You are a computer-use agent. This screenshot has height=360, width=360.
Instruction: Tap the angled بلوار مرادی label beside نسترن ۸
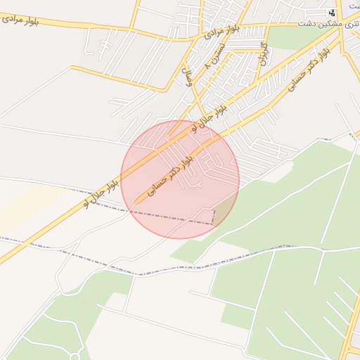click(x=223, y=31)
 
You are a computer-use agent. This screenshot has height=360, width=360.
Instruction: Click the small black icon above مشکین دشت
click(x=332, y=12)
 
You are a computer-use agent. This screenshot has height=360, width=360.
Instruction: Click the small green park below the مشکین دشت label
click(x=295, y=38)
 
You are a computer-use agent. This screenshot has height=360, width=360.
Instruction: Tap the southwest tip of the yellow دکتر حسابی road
click(x=135, y=204)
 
